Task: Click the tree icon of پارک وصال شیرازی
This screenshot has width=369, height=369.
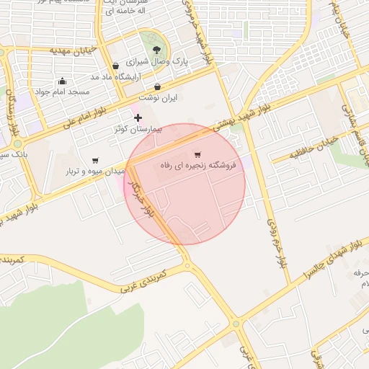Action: coord(157,50)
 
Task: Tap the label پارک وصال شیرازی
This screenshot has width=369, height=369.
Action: coord(159,63)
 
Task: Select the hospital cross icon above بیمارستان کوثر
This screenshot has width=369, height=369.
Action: coord(138,117)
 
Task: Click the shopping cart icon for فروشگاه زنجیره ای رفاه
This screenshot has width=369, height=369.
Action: coord(197,154)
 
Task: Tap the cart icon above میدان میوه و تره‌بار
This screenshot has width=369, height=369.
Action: coord(95,160)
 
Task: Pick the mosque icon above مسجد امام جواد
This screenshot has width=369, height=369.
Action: coord(62,81)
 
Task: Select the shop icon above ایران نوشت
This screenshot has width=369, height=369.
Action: coord(157,86)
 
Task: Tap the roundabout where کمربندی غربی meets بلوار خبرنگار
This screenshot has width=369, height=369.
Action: coord(188,266)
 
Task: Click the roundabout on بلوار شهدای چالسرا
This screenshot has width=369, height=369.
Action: coord(236,324)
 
